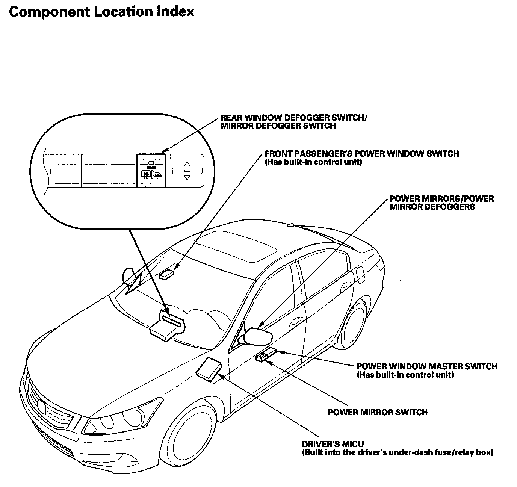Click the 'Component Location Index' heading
[x=101, y=12]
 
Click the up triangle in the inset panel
[x=187, y=164]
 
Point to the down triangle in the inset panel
[x=187, y=178]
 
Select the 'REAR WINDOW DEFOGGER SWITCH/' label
[x=294, y=118]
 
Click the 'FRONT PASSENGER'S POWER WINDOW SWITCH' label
[x=361, y=154]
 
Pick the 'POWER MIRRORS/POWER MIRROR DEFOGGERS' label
[x=441, y=203]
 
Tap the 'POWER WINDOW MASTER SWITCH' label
[x=426, y=366]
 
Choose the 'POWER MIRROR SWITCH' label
[x=378, y=412]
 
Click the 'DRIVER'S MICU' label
[x=333, y=444]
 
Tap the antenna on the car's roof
[x=290, y=225]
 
